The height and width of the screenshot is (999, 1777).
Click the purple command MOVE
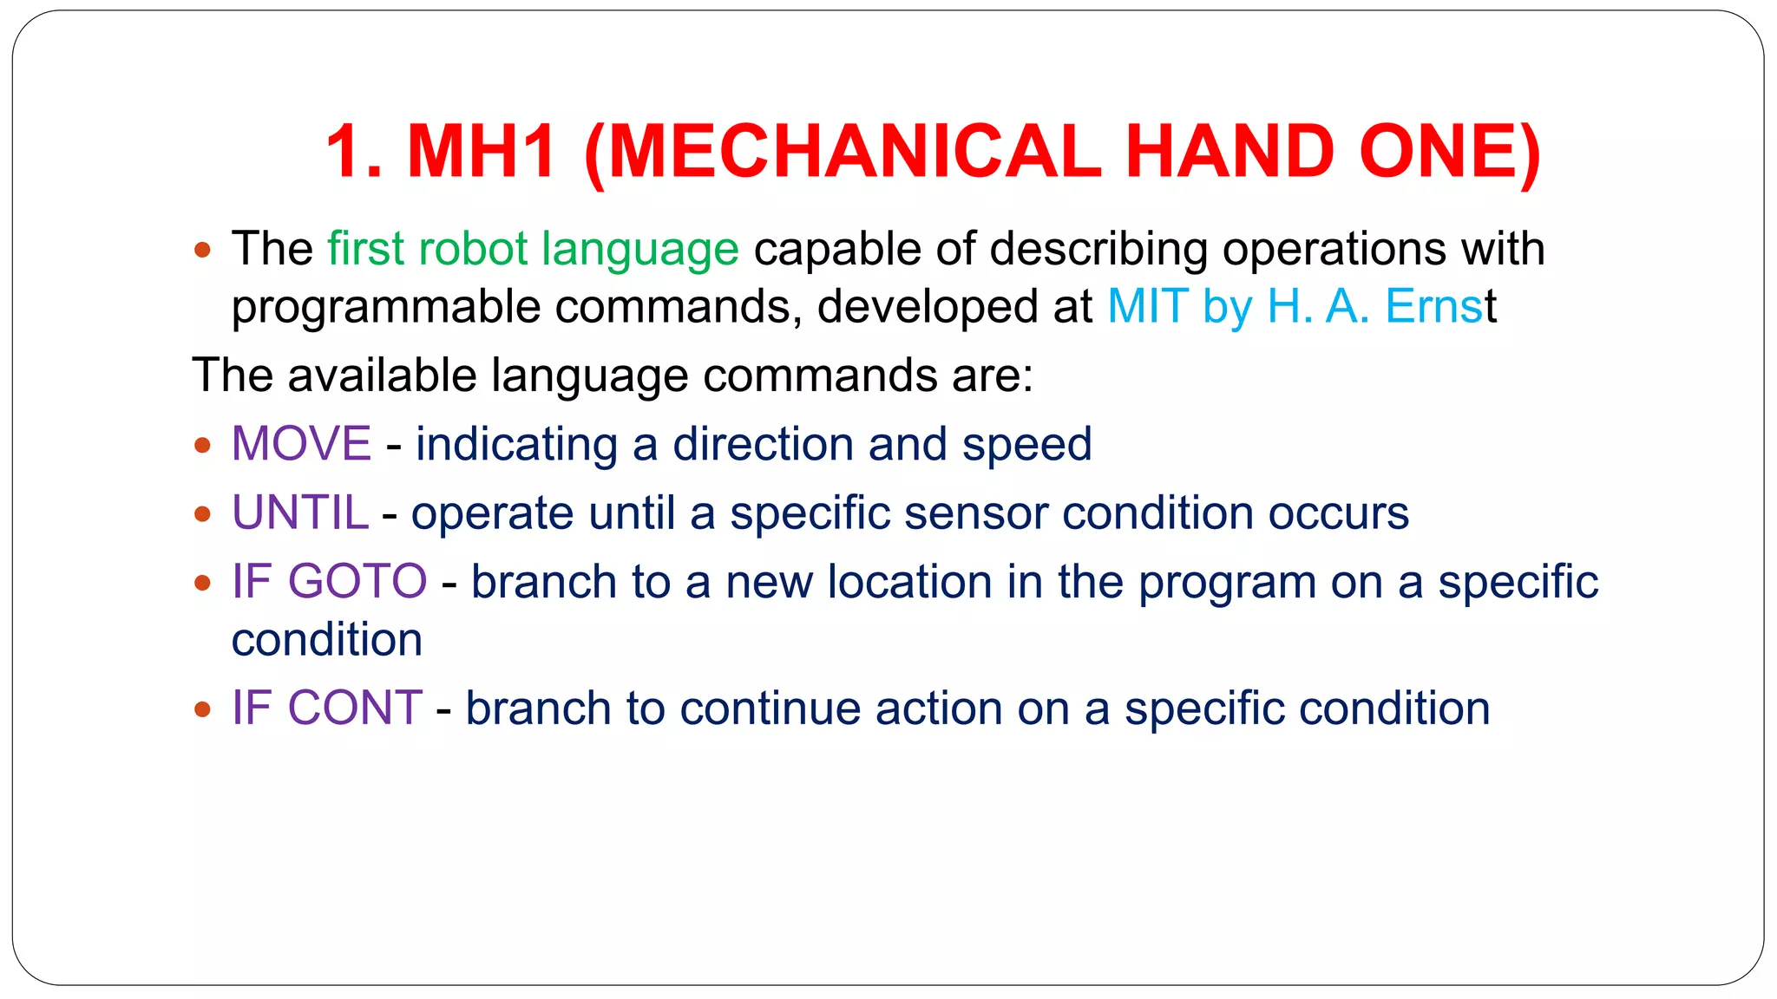301,444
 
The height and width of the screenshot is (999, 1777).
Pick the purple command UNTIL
300,513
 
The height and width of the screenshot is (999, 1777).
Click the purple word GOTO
357,581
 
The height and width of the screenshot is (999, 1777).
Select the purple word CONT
354,708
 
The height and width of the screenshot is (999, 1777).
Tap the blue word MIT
1147,306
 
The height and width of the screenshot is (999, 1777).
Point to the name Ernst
1440,306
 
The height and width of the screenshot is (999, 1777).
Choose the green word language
639,251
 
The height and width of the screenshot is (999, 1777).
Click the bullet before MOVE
202,446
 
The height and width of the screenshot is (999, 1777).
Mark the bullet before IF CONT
202,709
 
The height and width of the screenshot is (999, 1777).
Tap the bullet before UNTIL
202,514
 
